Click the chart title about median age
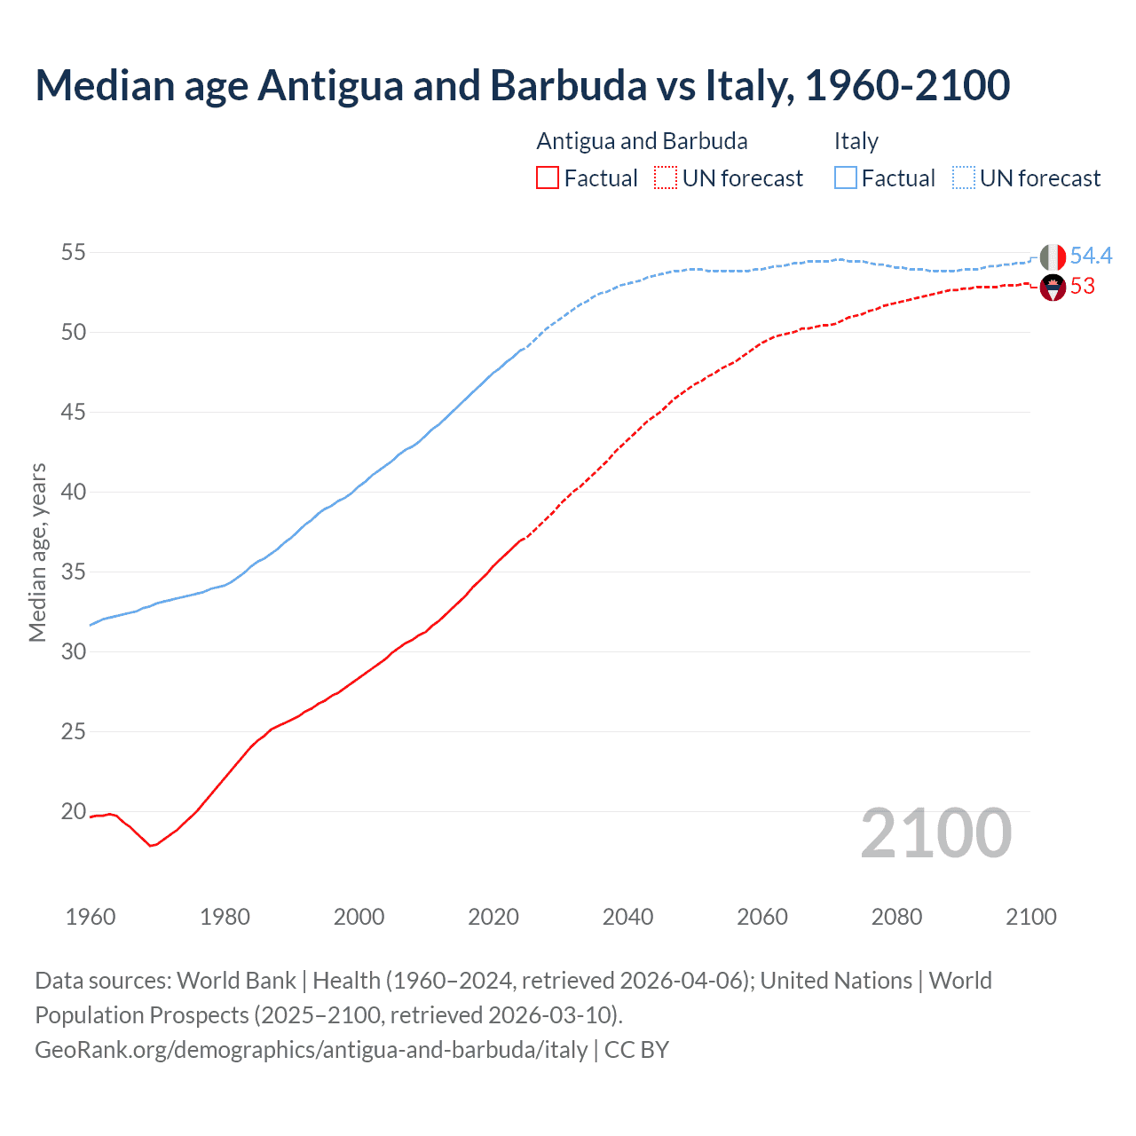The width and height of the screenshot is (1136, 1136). (522, 85)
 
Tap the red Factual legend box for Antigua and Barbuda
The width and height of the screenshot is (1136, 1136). (548, 178)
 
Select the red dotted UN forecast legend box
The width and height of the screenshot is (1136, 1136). (666, 178)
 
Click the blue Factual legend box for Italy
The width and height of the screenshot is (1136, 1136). (846, 178)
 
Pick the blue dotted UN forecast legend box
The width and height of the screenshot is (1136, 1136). (963, 178)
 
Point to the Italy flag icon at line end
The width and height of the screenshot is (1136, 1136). (1053, 257)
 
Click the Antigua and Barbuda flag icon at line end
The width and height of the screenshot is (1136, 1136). (1053, 288)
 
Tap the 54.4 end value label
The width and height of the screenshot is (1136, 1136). (1091, 256)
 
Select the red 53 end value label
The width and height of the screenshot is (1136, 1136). (1083, 287)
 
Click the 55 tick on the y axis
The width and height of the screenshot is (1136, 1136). (73, 253)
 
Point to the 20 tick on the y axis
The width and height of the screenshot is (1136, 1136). (73, 811)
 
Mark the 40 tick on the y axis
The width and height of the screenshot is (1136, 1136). (73, 492)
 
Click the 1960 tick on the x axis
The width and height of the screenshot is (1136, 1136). (91, 917)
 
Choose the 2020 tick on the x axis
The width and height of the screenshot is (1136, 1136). (493, 917)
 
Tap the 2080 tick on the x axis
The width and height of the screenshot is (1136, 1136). (896, 917)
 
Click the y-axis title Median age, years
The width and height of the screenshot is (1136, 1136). (37, 552)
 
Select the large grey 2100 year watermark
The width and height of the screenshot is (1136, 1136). (935, 832)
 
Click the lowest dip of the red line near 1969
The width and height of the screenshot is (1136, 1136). (151, 845)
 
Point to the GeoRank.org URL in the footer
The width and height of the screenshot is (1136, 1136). (311, 1050)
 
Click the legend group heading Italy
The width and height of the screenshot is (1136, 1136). (856, 141)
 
